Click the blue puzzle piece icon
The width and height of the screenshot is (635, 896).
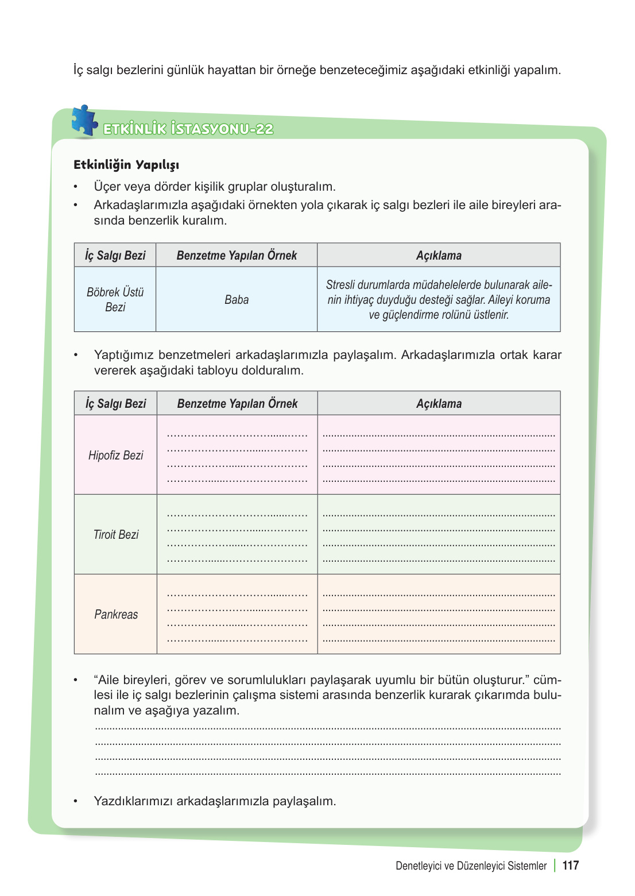tap(84, 121)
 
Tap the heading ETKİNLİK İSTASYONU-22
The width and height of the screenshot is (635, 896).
tap(188, 129)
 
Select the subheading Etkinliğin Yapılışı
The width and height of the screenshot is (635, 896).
tap(126, 165)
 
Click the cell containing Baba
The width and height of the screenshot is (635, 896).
tap(237, 299)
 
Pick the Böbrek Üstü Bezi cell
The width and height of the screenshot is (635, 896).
tap(115, 299)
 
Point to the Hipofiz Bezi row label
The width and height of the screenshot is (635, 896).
tap(115, 455)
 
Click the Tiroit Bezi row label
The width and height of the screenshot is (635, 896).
tap(115, 534)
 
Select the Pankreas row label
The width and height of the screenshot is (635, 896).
tap(115, 614)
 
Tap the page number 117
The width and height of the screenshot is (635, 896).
tap(570, 866)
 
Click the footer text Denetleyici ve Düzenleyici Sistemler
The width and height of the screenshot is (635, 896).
tap(471, 866)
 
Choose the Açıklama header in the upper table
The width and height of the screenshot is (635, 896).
tap(439, 256)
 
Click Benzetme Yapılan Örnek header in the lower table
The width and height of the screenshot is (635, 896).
tap(237, 404)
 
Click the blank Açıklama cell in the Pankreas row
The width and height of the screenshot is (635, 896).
tap(439, 614)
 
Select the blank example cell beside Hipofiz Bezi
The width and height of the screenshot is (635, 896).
tap(237, 455)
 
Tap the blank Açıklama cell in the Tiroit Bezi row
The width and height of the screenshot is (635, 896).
tap(439, 534)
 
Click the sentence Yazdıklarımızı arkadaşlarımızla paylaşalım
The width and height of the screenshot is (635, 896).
tap(215, 801)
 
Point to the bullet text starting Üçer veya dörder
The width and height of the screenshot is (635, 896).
tap(215, 187)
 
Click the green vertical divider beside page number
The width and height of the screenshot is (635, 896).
tap(555, 866)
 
